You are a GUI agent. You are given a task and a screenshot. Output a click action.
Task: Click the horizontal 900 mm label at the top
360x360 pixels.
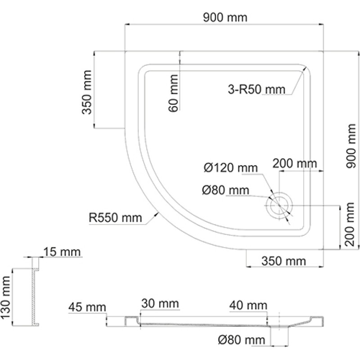click(x=225, y=18)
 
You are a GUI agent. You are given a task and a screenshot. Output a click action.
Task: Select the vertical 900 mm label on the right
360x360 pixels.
click(x=351, y=146)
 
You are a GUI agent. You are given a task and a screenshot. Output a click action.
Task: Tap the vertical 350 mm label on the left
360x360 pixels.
click(x=87, y=92)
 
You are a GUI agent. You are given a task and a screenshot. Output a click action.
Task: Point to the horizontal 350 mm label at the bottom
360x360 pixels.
click(x=283, y=261)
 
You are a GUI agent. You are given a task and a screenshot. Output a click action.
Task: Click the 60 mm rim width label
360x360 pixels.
click(x=173, y=93)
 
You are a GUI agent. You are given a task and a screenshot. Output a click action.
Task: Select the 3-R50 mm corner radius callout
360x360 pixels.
click(x=256, y=89)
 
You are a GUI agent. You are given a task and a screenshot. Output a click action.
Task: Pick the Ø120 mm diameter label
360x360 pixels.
click(x=230, y=168)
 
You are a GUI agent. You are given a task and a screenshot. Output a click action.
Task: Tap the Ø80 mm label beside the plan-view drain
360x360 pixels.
click(x=225, y=190)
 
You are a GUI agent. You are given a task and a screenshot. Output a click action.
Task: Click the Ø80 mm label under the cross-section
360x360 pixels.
click(x=242, y=340)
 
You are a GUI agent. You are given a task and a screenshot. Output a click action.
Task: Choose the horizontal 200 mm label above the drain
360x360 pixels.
click(x=295, y=163)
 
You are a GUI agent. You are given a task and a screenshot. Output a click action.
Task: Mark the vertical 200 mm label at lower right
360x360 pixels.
click(x=350, y=224)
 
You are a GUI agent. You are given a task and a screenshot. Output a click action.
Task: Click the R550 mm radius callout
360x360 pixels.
click(x=116, y=218)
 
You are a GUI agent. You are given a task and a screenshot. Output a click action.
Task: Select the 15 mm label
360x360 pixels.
click(x=62, y=252)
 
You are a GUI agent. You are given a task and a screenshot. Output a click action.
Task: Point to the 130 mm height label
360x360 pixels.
click(x=5, y=297)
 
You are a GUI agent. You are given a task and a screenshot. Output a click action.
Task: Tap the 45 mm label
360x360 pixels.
click(x=87, y=307)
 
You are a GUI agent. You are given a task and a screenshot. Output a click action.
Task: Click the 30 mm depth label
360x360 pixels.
click(x=160, y=303)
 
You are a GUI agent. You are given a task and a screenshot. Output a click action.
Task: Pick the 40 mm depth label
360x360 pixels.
click(x=248, y=306)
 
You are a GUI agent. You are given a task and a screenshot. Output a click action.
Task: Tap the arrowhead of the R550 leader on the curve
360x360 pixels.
click(x=157, y=213)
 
